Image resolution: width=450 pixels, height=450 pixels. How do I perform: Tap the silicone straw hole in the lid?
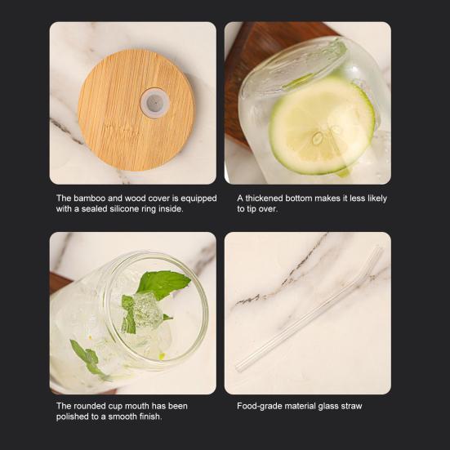coord(154,103)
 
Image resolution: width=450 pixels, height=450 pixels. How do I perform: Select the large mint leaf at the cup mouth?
coord(163,283)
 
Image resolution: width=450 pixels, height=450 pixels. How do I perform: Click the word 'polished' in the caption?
coord(74,417)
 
